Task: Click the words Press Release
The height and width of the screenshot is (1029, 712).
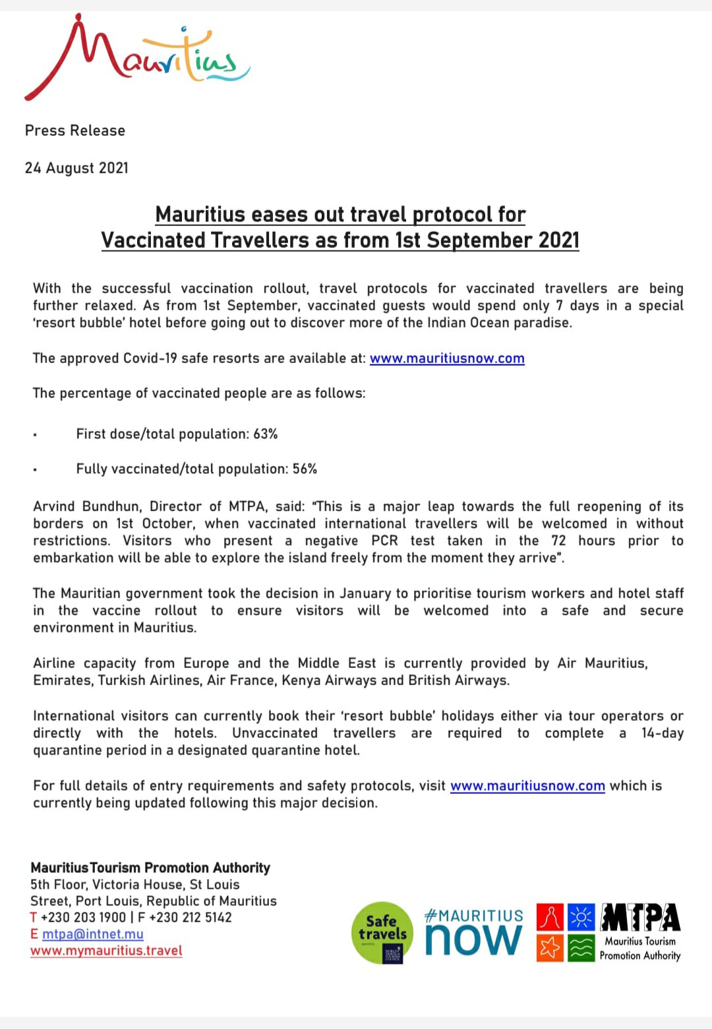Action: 74,130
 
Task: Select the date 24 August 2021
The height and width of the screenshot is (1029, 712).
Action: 76,168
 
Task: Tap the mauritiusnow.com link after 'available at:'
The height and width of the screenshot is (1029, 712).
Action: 447,358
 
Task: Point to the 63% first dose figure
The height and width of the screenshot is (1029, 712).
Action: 266,434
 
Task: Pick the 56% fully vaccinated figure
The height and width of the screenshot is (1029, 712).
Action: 305,469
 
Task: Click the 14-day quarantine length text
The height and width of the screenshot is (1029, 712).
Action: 662,733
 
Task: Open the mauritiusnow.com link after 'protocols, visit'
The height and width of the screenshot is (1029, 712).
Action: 527,786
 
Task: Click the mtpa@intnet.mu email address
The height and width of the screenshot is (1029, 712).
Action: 92,934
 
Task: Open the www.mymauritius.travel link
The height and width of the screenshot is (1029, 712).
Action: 106,951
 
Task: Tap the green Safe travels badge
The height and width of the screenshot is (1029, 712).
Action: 382,932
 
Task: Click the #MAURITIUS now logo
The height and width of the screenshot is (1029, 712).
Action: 473,932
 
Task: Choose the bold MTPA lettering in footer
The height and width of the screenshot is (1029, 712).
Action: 640,917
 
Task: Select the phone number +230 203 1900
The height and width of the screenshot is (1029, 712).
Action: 83,917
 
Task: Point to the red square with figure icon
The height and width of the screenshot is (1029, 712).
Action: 550,916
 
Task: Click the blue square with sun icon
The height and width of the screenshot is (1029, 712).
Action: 581,916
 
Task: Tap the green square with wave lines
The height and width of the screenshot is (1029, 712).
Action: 581,948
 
